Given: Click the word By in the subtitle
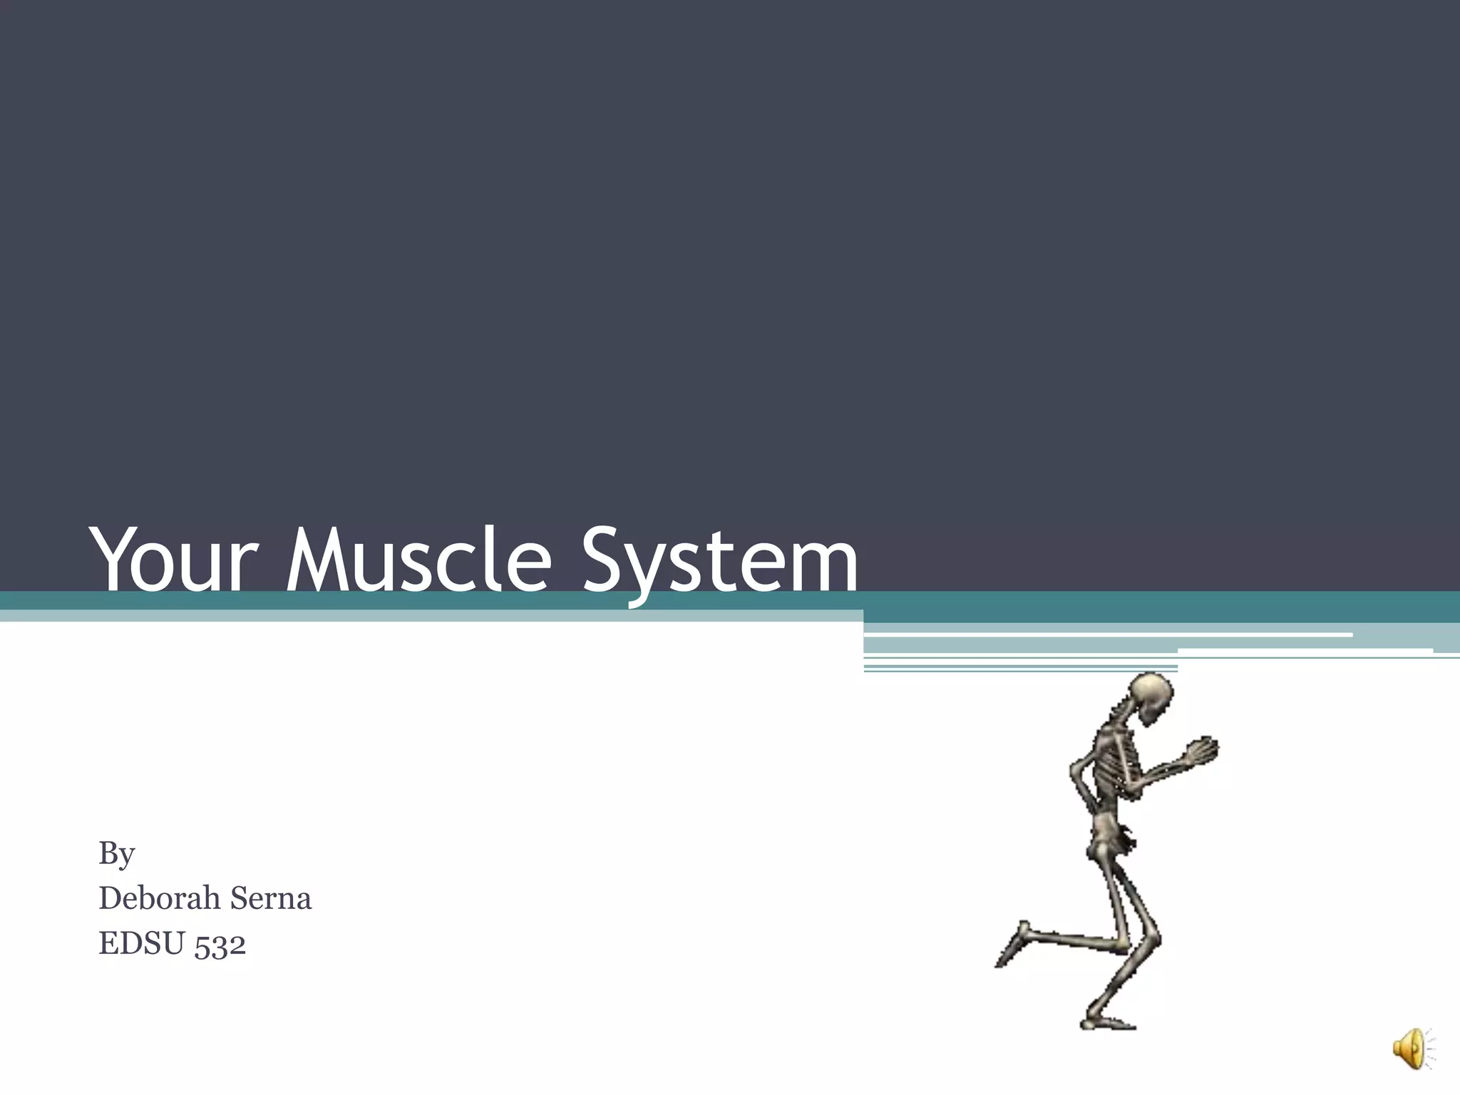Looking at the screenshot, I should point(116,853).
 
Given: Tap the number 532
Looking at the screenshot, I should point(220,945).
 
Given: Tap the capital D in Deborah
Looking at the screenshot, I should point(111,898).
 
